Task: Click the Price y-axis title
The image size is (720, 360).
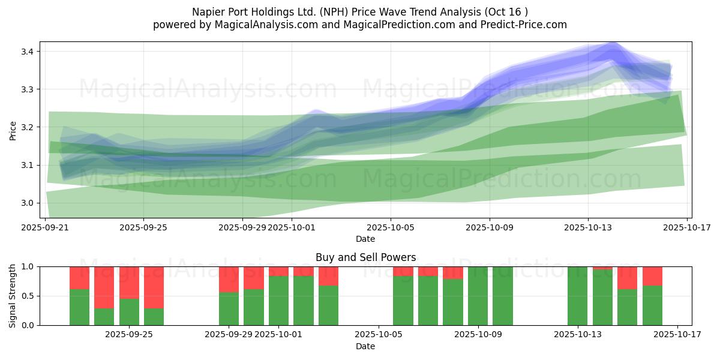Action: (13, 130)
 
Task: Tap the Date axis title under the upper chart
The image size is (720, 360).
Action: (365, 239)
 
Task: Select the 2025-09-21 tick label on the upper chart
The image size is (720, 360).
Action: (46, 228)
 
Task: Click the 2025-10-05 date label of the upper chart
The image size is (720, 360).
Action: (391, 228)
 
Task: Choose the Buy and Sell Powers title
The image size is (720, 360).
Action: (365, 257)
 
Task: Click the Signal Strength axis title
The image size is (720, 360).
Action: (13, 296)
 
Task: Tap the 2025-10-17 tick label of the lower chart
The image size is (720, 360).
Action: (677, 335)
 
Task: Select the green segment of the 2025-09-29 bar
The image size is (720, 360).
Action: (229, 308)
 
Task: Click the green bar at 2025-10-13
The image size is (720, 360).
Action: (577, 296)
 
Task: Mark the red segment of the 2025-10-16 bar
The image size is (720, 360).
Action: (652, 275)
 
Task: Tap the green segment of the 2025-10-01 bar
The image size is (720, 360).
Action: (278, 300)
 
